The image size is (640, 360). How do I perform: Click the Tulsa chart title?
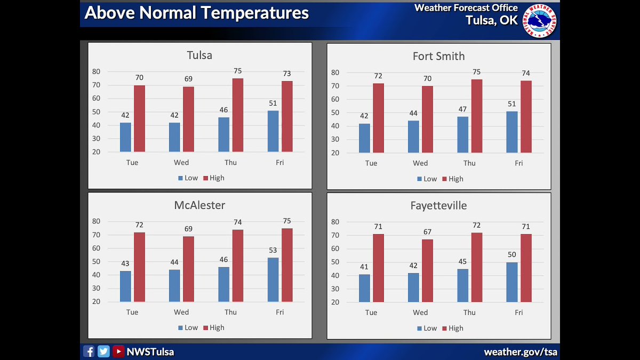[x=199, y=55]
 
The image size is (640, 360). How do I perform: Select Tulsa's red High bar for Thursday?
[x=237, y=115]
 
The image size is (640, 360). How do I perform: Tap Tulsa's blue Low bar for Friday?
[x=273, y=131]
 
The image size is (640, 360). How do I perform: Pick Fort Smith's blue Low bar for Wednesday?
[x=413, y=137]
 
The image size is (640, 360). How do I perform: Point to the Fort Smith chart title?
[x=438, y=56]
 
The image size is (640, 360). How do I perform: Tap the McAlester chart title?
[x=199, y=205]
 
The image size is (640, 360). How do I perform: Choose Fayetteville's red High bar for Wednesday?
[x=427, y=270]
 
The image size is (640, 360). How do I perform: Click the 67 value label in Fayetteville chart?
[x=427, y=232]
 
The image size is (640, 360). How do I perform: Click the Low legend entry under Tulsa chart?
[x=188, y=178]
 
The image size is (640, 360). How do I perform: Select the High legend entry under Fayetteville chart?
[x=452, y=328]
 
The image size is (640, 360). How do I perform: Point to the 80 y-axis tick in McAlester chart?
[x=96, y=221]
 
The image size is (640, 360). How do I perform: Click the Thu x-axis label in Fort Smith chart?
[x=469, y=163]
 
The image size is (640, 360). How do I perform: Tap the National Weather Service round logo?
[x=540, y=21]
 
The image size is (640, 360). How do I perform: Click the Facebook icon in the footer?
[x=89, y=351]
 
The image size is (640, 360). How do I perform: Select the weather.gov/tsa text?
[x=520, y=352]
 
